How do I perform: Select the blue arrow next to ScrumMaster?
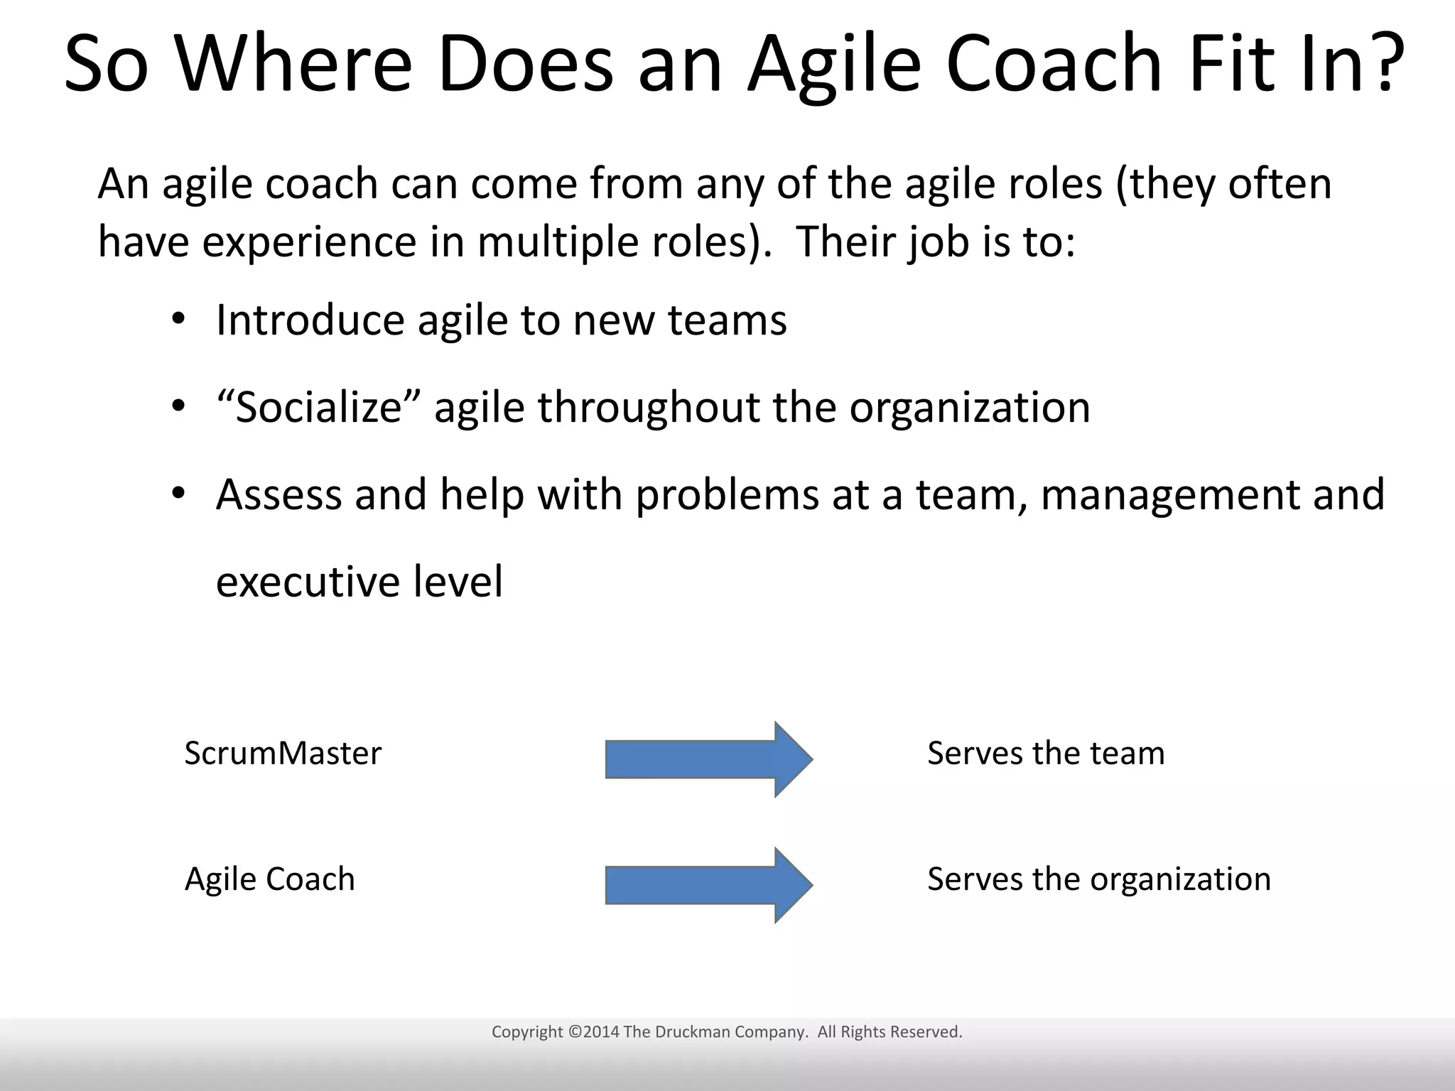pos(708,759)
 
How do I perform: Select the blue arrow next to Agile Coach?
pos(708,885)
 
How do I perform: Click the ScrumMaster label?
pos(283,753)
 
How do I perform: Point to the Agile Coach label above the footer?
pos(269,879)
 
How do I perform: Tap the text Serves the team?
pos(1046,753)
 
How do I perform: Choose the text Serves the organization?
pos(1098,879)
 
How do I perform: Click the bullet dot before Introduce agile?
pos(178,319)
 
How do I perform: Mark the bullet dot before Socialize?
pos(178,406)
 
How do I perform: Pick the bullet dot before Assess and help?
pos(178,493)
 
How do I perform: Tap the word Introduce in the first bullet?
pos(309,320)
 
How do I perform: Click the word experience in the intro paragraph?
pos(308,243)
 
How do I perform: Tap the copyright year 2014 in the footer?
pos(601,1032)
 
